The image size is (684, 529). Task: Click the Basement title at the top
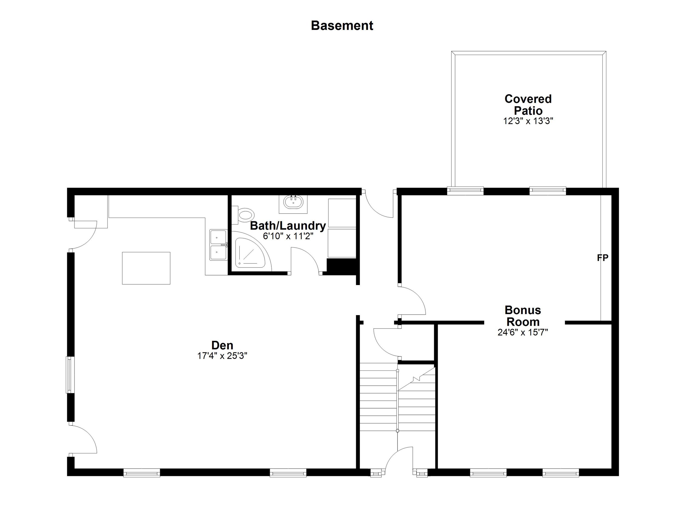pos(342,26)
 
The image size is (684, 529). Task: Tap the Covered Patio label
pos(528,105)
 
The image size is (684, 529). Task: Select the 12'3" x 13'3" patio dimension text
pos(528,121)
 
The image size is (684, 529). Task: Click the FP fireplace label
pos(602,258)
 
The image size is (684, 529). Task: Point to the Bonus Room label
pos(523,316)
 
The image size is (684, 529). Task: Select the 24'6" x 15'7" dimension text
pos(523,332)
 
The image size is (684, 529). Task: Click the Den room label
pos(222,345)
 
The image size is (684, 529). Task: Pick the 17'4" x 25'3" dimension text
pos(222,356)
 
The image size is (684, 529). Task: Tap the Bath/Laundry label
pos(288,226)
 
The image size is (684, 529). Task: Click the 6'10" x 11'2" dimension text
pos(288,236)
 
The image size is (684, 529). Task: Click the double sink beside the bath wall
pos(219,245)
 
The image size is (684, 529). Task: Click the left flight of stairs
pos(378,397)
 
